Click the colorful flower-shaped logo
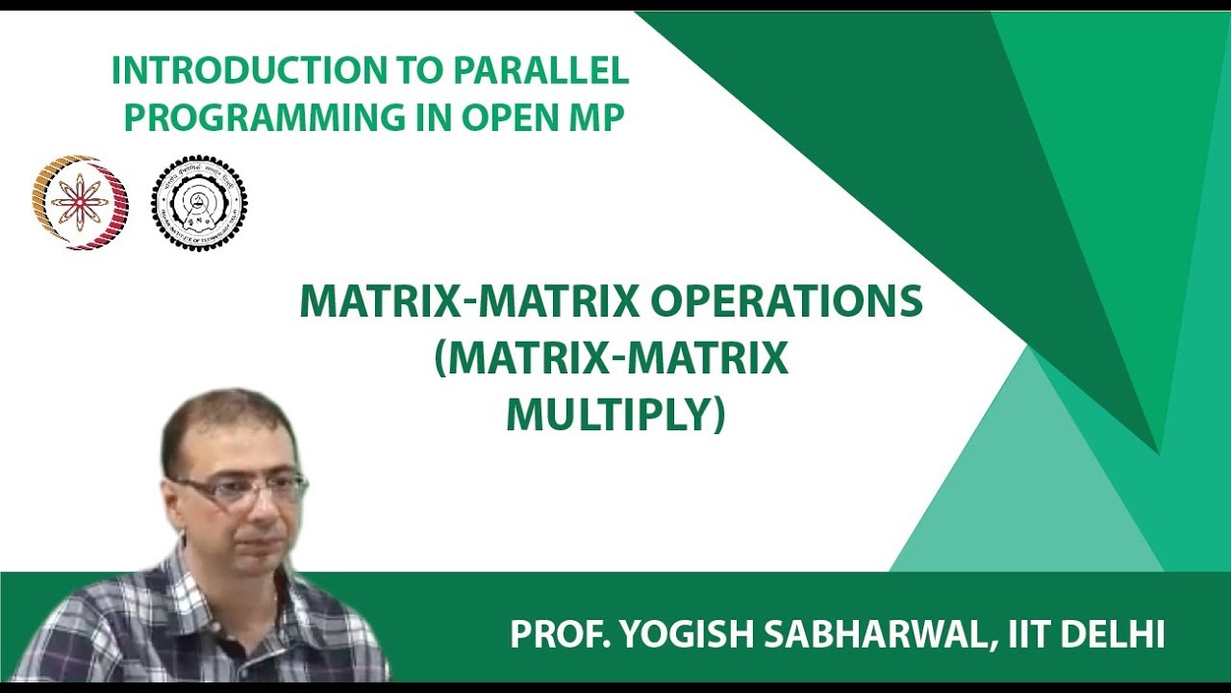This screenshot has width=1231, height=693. click(x=80, y=203)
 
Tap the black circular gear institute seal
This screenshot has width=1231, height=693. click(x=199, y=203)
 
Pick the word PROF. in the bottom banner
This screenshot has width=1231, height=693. click(x=557, y=634)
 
